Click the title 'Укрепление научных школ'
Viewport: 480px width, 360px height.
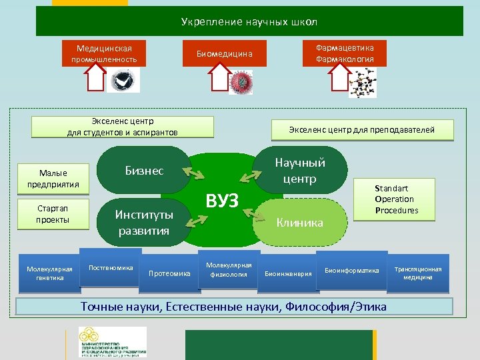coord(249,21)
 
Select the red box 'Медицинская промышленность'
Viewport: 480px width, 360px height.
coord(104,54)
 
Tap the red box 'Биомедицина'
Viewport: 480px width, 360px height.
coord(224,54)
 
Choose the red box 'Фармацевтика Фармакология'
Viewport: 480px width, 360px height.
coord(345,54)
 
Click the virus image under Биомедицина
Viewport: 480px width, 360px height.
coord(240,82)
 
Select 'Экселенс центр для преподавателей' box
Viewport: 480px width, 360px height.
coord(361,130)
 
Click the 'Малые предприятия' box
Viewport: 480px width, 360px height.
coord(53,179)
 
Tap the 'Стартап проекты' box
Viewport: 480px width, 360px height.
coord(53,215)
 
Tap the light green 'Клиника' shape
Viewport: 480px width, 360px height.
coord(300,223)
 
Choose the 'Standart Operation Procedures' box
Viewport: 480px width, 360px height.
coord(396,199)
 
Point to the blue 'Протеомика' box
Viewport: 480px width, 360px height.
coord(169,273)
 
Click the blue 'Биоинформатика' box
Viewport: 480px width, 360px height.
coord(351,271)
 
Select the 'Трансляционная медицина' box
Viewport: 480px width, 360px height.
coord(418,273)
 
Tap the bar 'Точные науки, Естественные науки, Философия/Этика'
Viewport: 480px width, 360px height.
coord(233,307)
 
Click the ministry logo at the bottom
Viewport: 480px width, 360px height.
coord(112,342)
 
